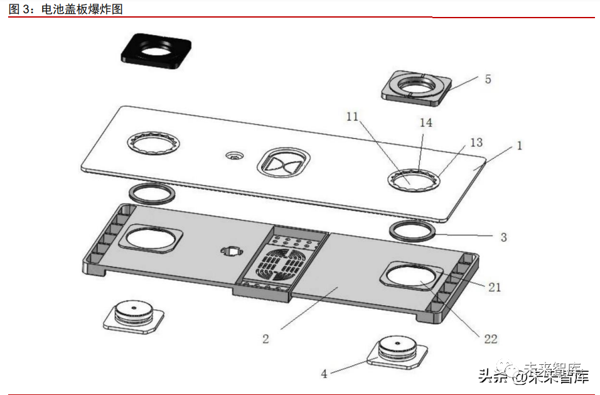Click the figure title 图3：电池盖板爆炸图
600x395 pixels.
(66, 8)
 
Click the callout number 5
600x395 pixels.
(488, 79)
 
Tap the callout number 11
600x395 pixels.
(352, 116)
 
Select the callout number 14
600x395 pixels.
(426, 123)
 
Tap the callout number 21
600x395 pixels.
(495, 287)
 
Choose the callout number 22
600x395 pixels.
(491, 338)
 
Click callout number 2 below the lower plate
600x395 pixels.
(266, 338)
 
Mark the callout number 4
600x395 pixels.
(324, 374)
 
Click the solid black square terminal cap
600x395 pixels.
(156, 50)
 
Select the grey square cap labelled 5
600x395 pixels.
(416, 86)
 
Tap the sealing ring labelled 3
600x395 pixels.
(412, 230)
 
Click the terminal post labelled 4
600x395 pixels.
(398, 352)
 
